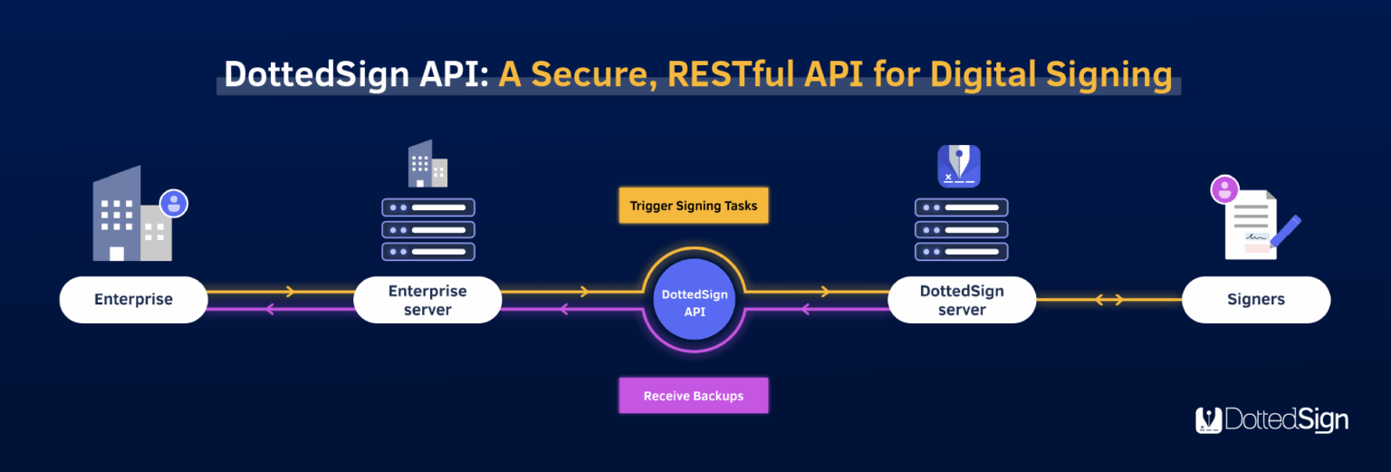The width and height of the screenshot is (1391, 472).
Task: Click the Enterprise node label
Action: click(133, 299)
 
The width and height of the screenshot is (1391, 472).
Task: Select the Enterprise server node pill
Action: click(427, 300)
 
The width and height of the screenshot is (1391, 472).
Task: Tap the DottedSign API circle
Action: click(695, 302)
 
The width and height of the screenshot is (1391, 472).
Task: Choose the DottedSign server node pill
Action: click(962, 300)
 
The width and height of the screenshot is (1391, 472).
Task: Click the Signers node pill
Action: click(1255, 299)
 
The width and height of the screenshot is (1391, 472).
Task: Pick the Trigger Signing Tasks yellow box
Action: click(694, 206)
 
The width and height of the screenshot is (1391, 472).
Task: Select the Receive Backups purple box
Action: click(694, 396)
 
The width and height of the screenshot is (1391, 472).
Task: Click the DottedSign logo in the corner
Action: click(1271, 419)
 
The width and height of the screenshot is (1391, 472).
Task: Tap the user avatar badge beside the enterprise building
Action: click(173, 203)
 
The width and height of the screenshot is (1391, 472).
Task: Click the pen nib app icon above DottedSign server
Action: click(959, 166)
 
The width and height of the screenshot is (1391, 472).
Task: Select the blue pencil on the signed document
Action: click(1285, 232)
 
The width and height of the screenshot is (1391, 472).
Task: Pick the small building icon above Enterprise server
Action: click(427, 164)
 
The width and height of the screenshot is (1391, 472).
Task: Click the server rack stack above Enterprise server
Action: click(427, 229)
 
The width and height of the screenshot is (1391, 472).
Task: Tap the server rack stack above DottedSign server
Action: click(961, 229)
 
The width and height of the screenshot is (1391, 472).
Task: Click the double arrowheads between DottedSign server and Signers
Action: click(1109, 300)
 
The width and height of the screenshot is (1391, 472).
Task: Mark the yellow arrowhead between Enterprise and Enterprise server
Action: click(290, 292)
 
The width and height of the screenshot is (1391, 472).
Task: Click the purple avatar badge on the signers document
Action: click(1224, 190)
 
